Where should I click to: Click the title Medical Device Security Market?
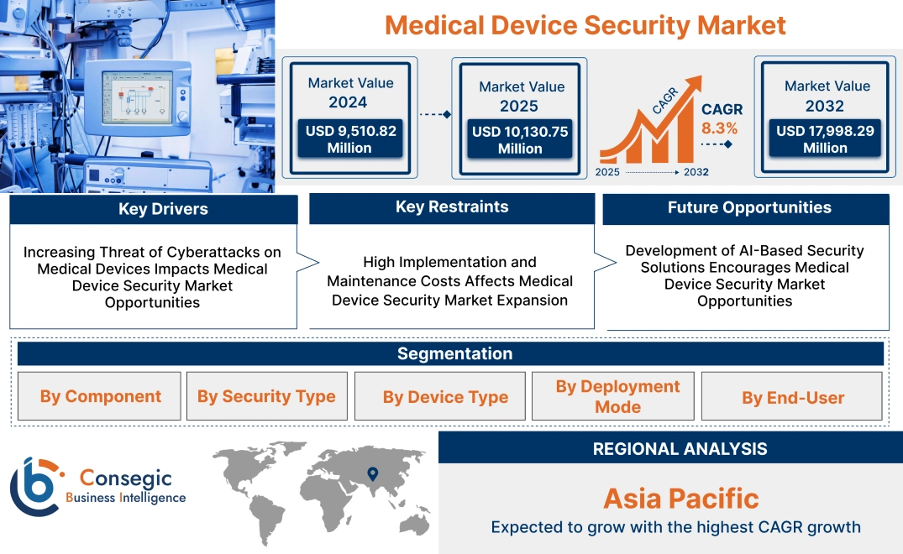(585, 24)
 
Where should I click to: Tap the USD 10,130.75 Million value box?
(520, 139)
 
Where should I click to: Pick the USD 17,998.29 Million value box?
(825, 139)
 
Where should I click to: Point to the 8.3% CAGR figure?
(719, 128)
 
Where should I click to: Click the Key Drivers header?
(153, 209)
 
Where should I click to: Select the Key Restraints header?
(452, 207)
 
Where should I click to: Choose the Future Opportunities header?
(745, 208)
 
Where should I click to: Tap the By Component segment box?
(100, 396)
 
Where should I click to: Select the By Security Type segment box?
(266, 396)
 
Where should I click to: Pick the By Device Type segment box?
(445, 396)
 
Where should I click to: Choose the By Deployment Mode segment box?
(617, 396)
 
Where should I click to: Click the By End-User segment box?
(792, 396)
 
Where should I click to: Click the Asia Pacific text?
(680, 499)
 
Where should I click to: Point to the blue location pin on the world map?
(371, 476)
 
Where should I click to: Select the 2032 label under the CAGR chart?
(695, 172)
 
